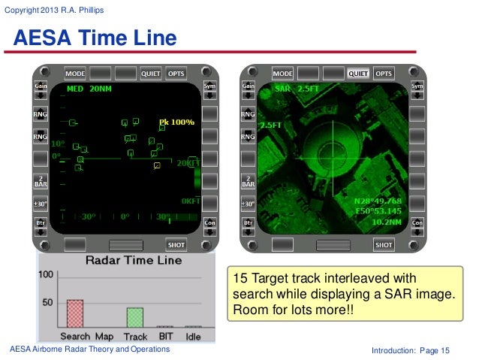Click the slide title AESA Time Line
pyautogui.click(x=95, y=38)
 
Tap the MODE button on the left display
pyautogui.click(x=75, y=74)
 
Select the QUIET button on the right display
pyautogui.click(x=357, y=74)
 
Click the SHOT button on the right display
pyautogui.click(x=384, y=245)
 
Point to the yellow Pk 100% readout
pyautogui.click(x=176, y=122)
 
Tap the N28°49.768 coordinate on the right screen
pyautogui.click(x=380, y=201)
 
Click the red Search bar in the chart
pyautogui.click(x=74, y=313)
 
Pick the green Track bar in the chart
pyautogui.click(x=134, y=316)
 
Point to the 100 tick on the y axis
pyautogui.click(x=46, y=276)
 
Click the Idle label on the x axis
pyautogui.click(x=193, y=337)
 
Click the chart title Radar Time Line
pyautogui.click(x=134, y=260)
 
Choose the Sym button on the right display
pyautogui.click(x=417, y=86)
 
